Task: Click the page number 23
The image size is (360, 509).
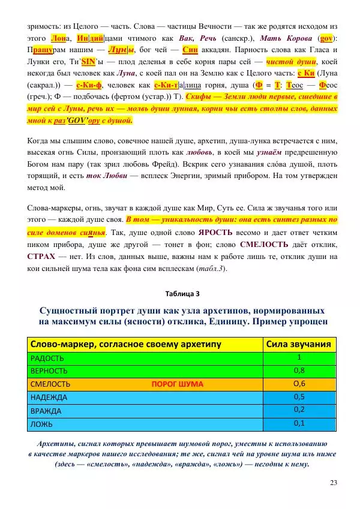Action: click(334, 482)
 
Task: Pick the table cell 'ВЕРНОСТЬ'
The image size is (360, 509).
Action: click(48, 371)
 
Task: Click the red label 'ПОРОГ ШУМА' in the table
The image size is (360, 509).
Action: click(177, 384)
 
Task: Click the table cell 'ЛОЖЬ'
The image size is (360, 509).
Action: click(40, 423)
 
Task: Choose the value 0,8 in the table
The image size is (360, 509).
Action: click(299, 370)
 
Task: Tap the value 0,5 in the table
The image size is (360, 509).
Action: click(299, 396)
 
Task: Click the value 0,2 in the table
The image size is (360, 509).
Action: click(299, 409)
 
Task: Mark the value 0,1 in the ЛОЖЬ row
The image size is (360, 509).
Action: click(299, 423)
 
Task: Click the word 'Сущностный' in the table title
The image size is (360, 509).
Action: click(70, 311)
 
